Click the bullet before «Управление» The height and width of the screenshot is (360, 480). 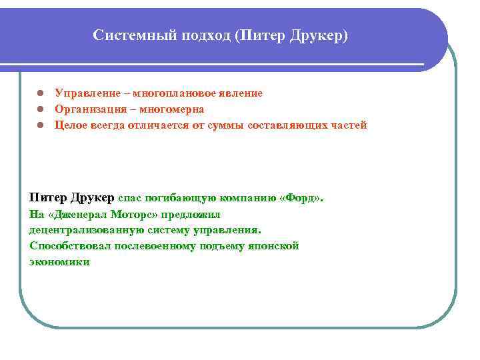click(40, 93)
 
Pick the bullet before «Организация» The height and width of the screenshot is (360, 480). click(40, 109)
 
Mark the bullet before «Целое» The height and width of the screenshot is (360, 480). click(40, 125)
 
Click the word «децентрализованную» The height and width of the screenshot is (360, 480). click(81, 230)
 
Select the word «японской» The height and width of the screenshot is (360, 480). click(275, 246)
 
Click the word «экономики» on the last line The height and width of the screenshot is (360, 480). click(59, 262)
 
